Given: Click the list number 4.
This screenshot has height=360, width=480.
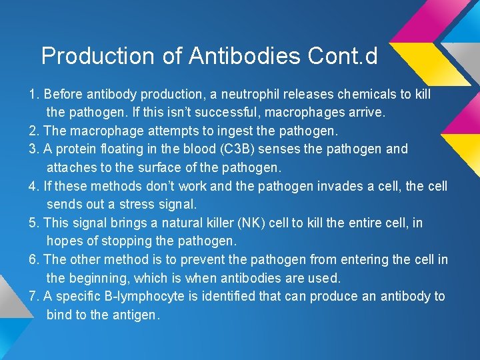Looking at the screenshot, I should point(33,186).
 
